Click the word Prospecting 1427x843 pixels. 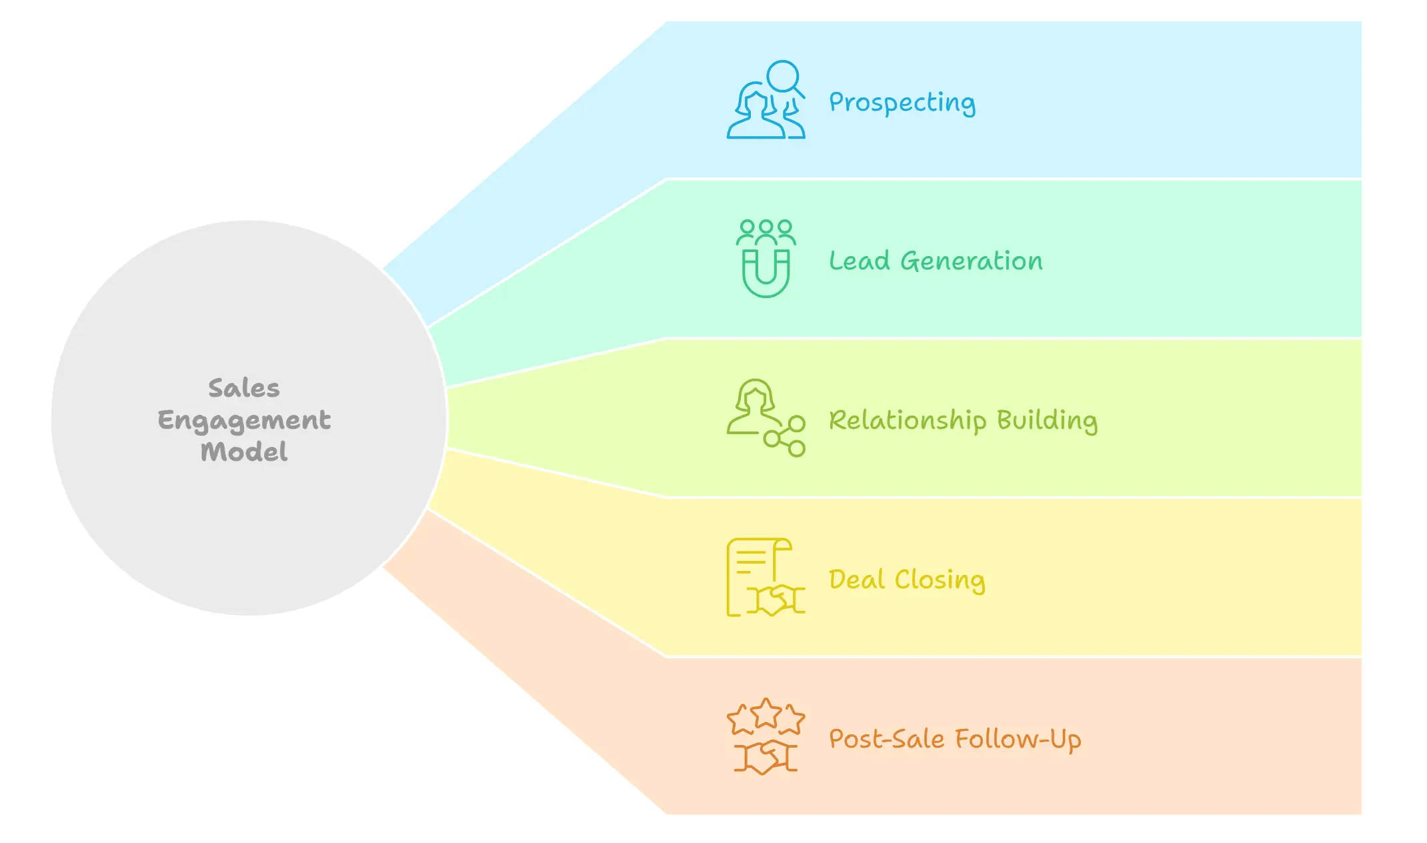[902, 103]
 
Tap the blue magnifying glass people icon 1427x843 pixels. [766, 100]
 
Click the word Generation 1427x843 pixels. [972, 261]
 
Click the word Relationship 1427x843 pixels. [907, 421]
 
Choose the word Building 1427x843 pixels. [1047, 421]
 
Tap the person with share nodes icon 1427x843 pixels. [766, 417]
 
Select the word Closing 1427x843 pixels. [940, 580]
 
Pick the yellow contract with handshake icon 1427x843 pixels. [766, 578]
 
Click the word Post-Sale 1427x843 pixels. [886, 739]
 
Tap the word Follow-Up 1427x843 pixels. [1018, 740]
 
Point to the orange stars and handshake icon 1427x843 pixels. [766, 736]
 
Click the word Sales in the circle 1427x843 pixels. [244, 388]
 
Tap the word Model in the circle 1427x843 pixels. [244, 452]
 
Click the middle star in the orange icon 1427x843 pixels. [766, 713]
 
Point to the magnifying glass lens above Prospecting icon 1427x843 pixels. [782, 75]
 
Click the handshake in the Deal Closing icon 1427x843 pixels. [776, 600]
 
